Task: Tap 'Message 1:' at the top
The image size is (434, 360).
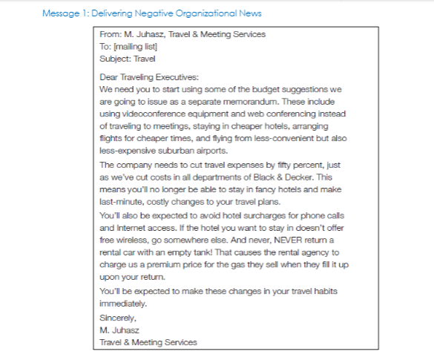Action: click(62, 13)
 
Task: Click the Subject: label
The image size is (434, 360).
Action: click(115, 57)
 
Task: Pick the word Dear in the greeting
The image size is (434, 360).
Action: click(110, 76)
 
